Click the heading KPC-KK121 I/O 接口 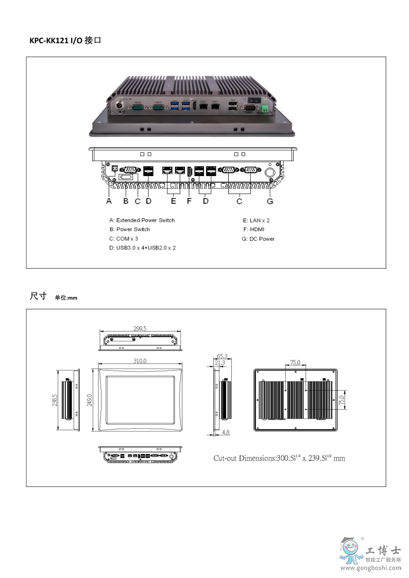click(65, 40)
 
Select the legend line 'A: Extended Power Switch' click(142, 220)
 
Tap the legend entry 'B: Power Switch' click(129, 230)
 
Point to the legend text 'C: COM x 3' click(124, 239)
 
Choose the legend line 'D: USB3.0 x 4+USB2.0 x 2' click(142, 248)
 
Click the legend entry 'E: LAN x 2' click(256, 220)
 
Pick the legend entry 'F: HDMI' click(253, 230)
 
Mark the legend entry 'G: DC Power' click(258, 239)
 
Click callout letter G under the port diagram click(269, 201)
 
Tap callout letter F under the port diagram click(189, 201)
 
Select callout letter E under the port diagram click(174, 201)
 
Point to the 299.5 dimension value click(140, 328)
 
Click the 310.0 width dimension click(140, 361)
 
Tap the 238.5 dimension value click(55, 400)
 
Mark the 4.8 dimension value click(226, 433)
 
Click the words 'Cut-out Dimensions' click(244, 458)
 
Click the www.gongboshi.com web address click(371, 568)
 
